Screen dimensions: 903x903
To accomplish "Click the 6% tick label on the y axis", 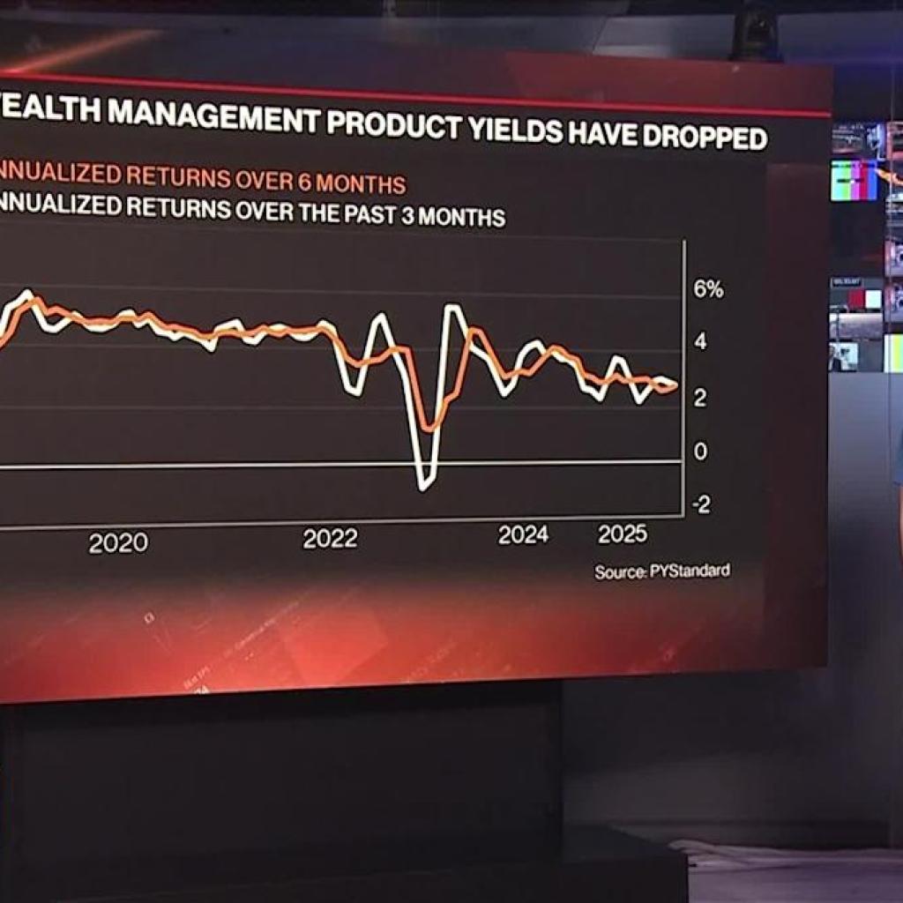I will pos(707,289).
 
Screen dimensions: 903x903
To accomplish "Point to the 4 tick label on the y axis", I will pos(701,342).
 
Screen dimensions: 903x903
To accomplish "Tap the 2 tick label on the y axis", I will pos(700,398).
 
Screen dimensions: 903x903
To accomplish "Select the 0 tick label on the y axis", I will pos(701,451).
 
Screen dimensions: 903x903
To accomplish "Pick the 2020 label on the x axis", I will pos(118,543).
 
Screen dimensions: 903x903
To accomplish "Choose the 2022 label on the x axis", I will pos(331,539).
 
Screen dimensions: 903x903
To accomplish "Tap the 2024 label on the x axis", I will pos(523,534).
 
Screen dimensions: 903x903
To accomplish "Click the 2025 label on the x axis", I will pos(623,534).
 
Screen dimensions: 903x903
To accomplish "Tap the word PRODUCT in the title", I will pos(393,124).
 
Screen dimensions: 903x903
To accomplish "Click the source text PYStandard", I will pos(690,571).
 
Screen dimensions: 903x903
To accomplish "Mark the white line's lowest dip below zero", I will pos(424,484).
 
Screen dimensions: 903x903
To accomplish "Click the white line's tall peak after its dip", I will pos(452,308).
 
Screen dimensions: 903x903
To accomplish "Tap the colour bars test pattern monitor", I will pos(854,180).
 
